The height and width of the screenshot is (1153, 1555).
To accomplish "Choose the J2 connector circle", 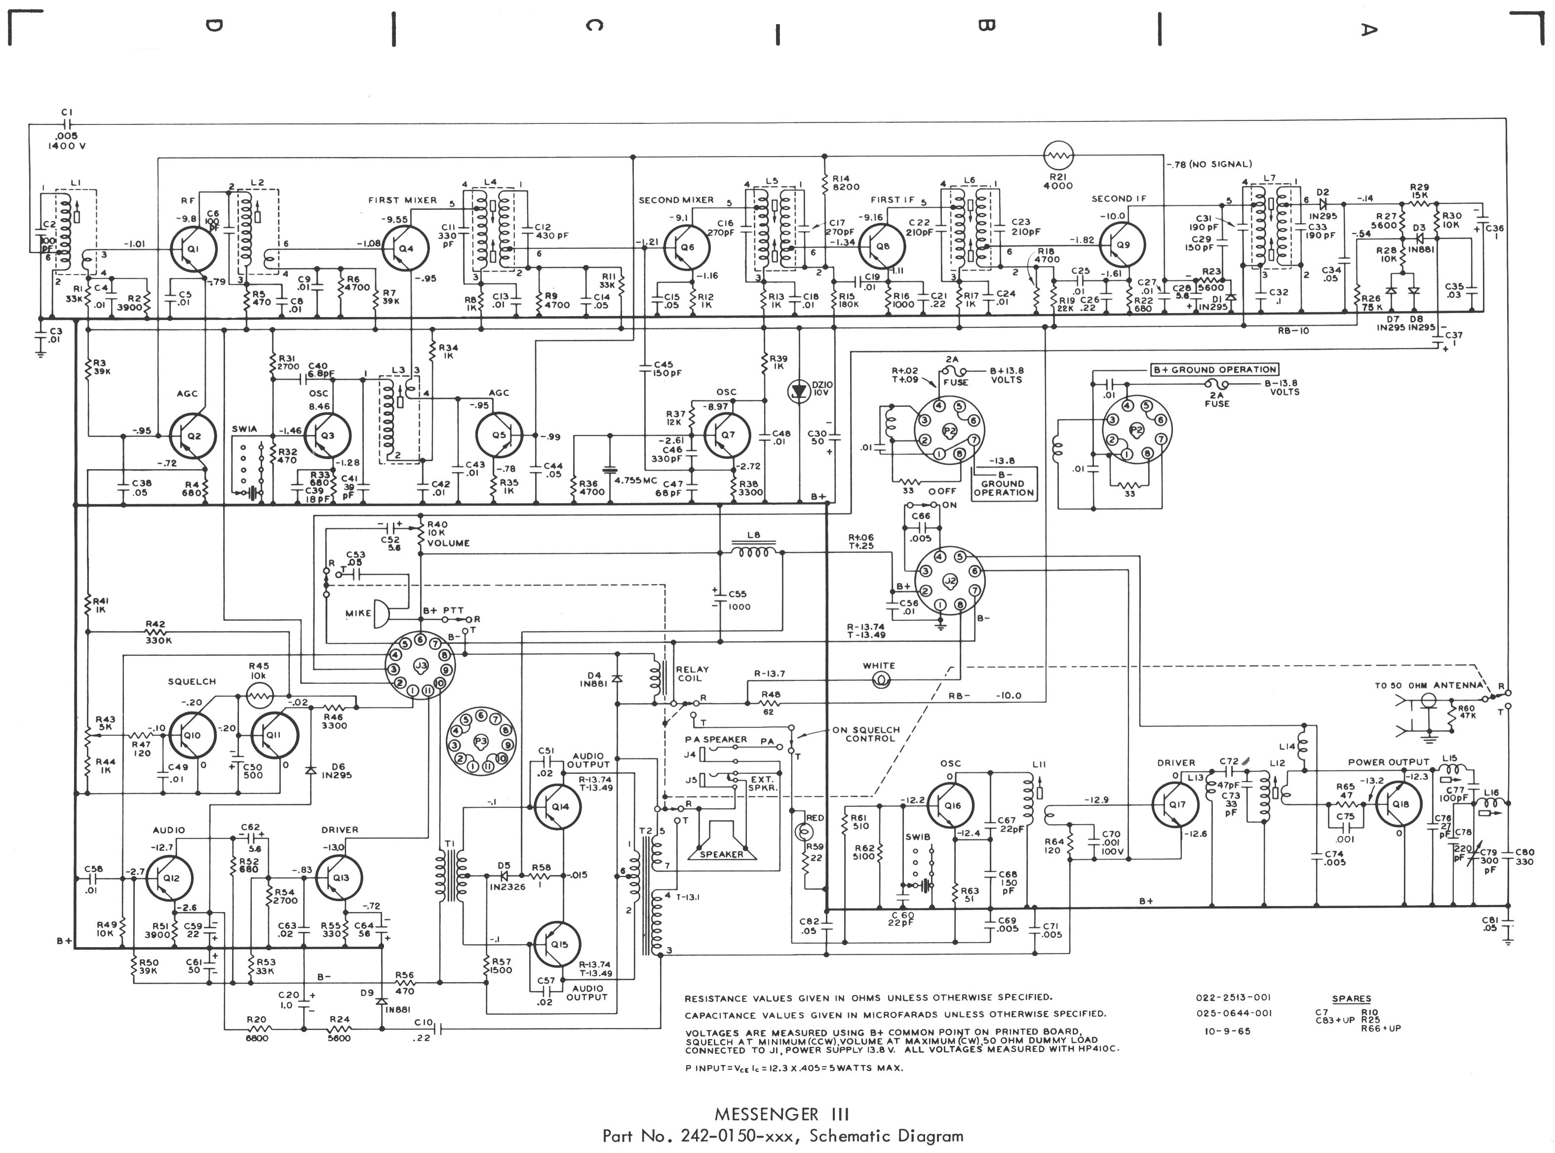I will coord(949,580).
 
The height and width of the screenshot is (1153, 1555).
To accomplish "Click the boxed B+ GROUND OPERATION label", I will coord(1214,369).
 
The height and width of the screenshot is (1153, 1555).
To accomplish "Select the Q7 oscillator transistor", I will coord(728,435).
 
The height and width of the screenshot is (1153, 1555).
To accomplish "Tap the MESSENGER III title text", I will coord(781,1114).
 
